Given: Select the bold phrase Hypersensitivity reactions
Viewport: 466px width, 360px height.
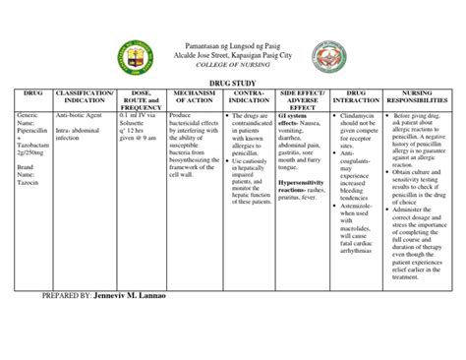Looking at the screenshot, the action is click(308, 186).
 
